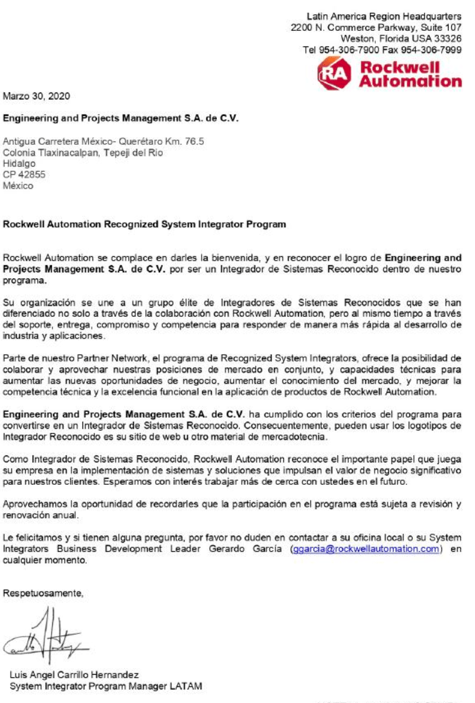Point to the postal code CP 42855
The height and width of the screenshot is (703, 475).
(19, 173)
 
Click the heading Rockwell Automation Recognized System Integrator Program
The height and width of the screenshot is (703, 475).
(144, 225)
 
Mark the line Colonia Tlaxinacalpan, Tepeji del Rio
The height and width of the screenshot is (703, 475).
(83, 153)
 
